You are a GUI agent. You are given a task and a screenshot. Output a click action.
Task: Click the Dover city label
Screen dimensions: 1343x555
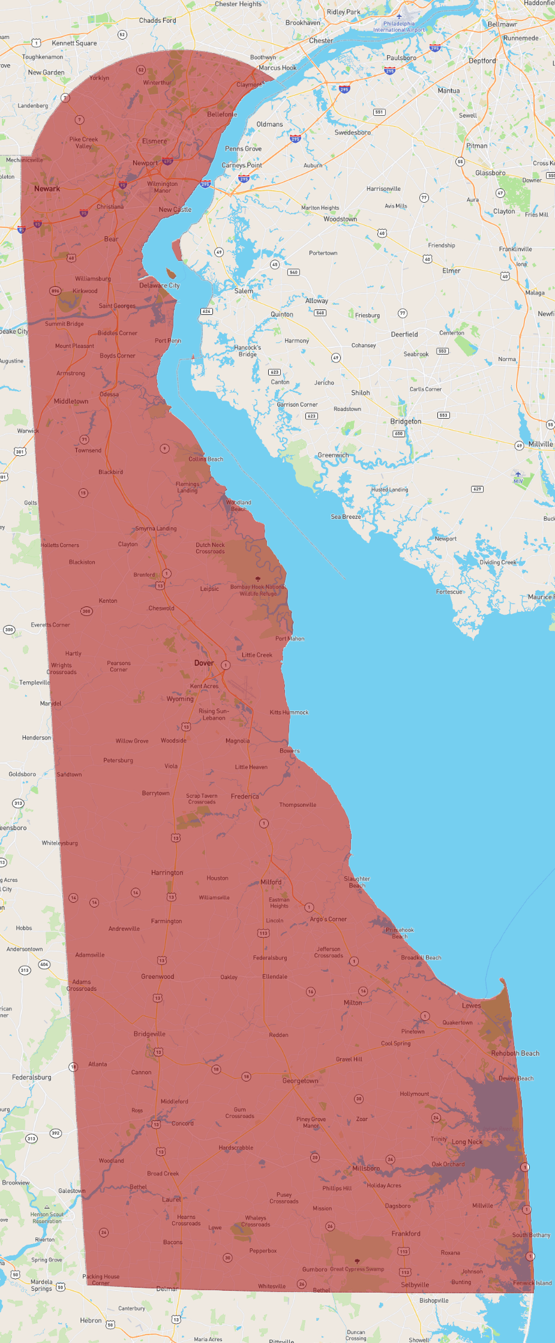[204, 663]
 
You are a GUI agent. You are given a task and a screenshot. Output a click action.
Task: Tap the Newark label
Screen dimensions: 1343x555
[47, 188]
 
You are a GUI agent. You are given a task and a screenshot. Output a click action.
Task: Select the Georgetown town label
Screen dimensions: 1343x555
[301, 1081]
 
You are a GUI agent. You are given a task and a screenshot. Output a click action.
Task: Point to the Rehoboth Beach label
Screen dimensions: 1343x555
[515, 1053]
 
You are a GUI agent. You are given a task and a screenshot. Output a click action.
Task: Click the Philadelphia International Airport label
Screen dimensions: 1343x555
[399, 26]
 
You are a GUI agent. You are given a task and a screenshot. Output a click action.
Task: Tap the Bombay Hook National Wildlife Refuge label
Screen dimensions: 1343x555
[257, 590]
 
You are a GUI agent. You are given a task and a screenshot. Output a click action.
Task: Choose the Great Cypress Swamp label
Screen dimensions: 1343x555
[357, 1269]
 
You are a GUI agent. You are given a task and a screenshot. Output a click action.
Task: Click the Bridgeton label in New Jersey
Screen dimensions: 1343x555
[406, 421]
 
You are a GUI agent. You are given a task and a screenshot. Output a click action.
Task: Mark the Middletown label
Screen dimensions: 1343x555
[71, 401]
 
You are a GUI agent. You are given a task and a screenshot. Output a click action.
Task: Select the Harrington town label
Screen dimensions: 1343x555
[167, 873]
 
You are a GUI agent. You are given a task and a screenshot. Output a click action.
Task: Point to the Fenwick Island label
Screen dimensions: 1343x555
[532, 1283]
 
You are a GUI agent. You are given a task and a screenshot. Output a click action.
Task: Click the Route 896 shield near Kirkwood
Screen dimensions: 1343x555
[55, 291]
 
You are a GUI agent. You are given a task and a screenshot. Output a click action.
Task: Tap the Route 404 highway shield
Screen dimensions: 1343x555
[44, 965]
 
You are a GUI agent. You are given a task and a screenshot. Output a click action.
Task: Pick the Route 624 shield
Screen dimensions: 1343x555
[206, 311]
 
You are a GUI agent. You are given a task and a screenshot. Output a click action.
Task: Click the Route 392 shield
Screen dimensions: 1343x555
[55, 1133]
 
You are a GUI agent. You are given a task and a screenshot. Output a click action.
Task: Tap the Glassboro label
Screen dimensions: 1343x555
[490, 173]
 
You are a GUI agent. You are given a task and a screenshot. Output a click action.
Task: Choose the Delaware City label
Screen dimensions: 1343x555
[160, 286]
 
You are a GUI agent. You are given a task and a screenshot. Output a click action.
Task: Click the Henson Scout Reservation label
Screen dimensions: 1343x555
[47, 1218]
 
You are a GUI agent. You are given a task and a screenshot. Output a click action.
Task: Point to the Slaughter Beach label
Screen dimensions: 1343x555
[357, 882]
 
